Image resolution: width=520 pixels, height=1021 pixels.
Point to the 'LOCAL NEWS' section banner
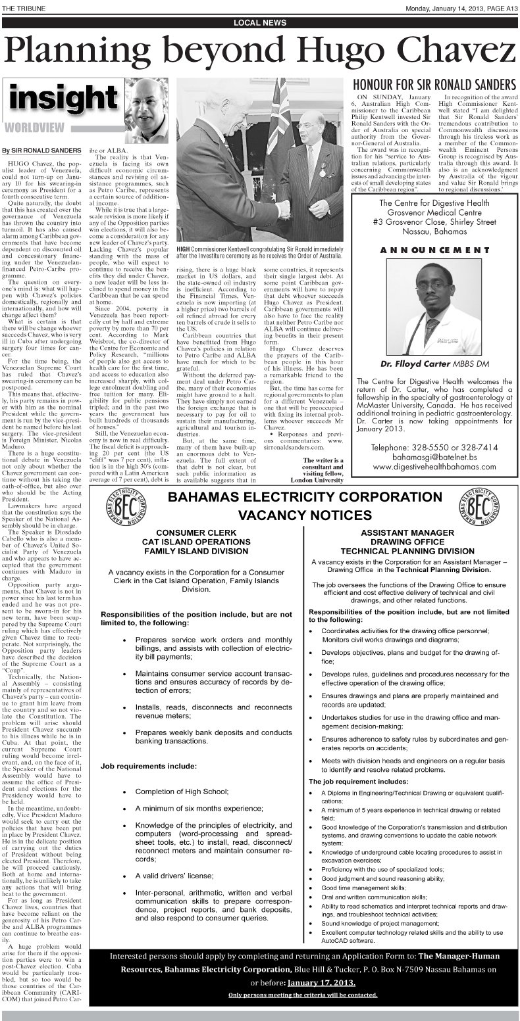260,23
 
